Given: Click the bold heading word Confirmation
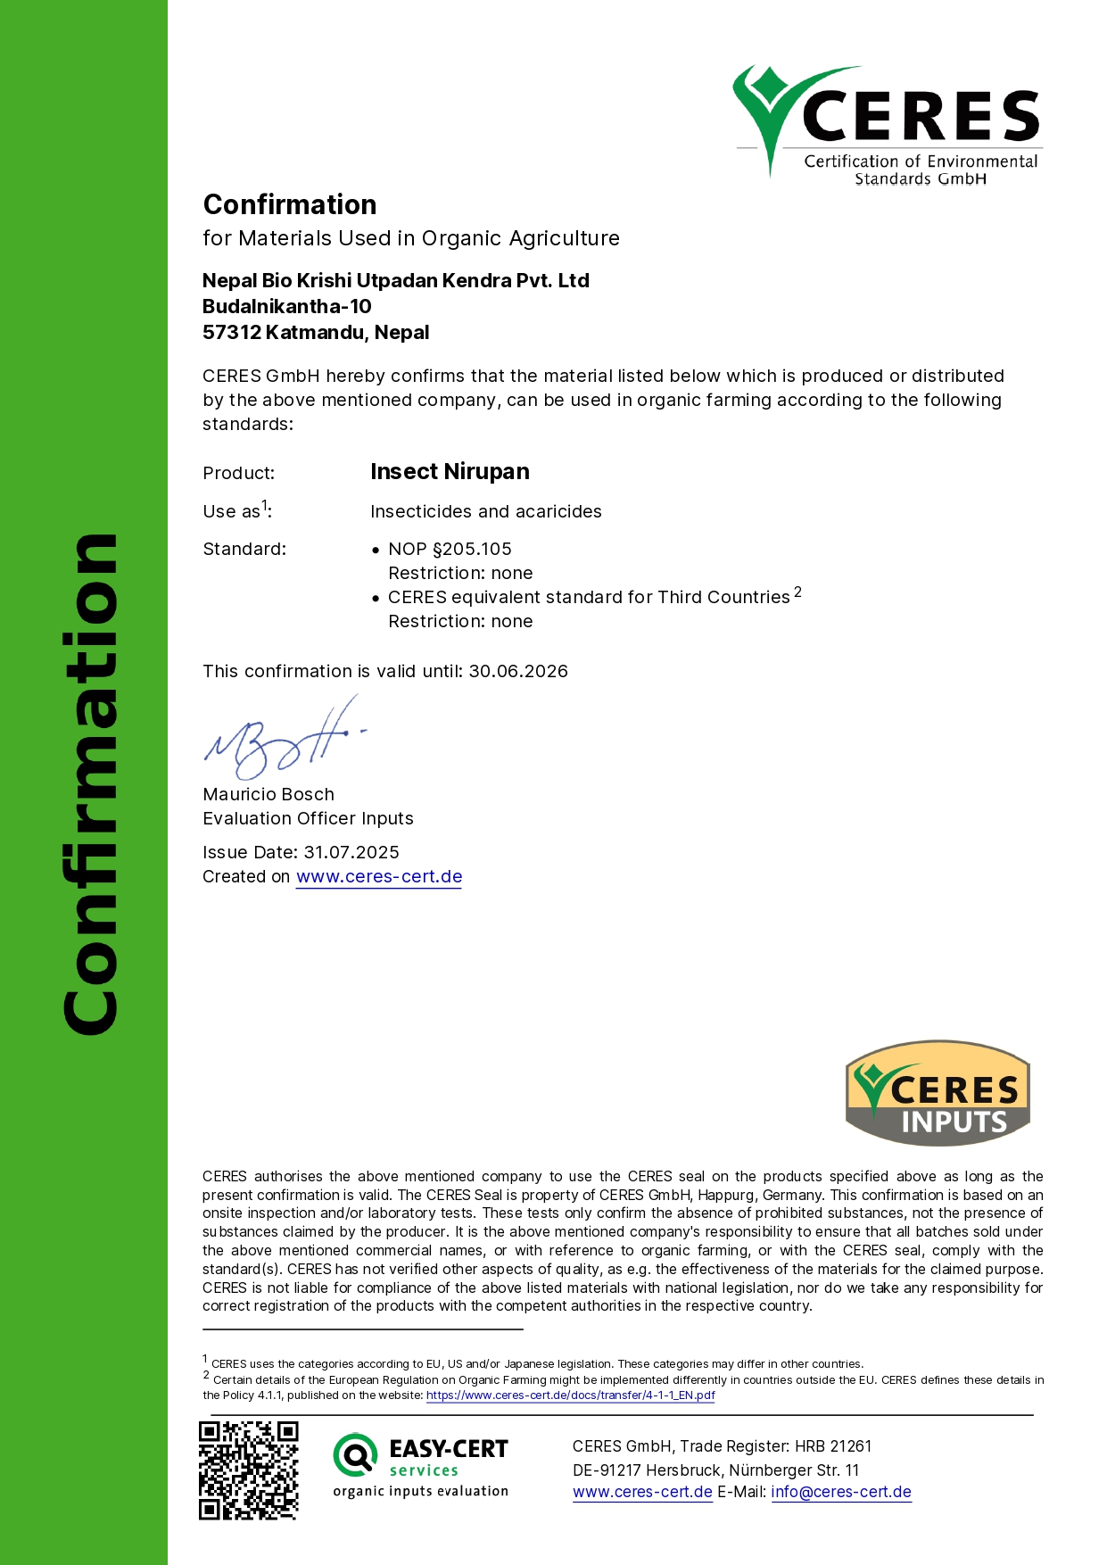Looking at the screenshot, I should [x=290, y=204].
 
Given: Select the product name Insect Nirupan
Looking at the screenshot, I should [x=450, y=471].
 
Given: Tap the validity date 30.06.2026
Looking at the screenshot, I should [x=518, y=671].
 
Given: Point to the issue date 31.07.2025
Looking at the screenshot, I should [x=351, y=852].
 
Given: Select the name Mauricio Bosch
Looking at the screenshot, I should [x=268, y=794].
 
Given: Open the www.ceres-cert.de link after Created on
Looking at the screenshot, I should [x=379, y=876].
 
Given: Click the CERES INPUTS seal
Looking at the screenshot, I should [x=938, y=1093].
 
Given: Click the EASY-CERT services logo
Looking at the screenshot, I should [x=420, y=1465].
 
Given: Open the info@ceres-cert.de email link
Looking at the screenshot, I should [x=841, y=1492].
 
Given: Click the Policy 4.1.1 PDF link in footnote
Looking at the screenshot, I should [x=570, y=1395].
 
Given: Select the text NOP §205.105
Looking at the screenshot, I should [x=450, y=549].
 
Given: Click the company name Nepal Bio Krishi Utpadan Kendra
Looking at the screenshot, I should [x=395, y=280].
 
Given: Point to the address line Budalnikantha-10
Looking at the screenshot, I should [x=287, y=306].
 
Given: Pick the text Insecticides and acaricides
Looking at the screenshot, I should [x=486, y=511].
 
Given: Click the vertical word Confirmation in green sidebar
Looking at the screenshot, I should [x=90, y=785].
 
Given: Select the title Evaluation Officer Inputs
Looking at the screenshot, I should [x=308, y=818].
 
